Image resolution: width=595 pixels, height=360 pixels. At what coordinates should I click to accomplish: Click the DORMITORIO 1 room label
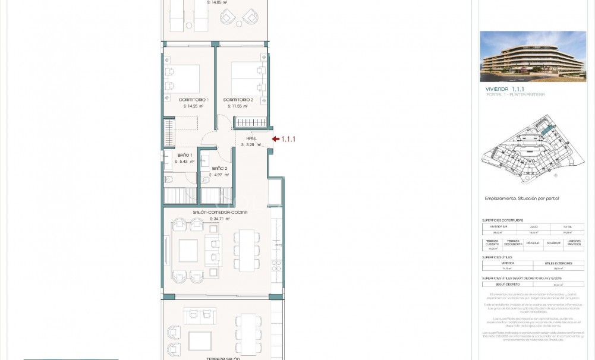pos(193,100)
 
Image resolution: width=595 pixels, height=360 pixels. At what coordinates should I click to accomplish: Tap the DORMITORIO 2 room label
pos(238,100)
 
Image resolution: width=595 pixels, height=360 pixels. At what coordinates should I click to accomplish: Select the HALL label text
pos(251,138)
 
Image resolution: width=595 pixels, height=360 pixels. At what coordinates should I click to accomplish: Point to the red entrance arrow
pos(275,139)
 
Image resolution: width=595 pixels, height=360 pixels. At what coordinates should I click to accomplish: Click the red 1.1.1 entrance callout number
pos(288,139)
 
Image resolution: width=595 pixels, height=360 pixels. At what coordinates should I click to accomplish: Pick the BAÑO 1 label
pos(185,155)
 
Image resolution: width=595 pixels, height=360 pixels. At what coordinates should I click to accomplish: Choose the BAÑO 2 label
pos(220,169)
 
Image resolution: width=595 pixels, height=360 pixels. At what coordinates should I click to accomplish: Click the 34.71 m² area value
pos(220,219)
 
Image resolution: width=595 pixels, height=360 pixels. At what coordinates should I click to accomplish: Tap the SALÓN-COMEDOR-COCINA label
pos(220,212)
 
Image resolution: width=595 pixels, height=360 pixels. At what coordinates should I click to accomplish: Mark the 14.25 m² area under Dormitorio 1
pos(193,106)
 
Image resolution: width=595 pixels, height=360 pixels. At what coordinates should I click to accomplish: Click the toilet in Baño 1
pos(168,179)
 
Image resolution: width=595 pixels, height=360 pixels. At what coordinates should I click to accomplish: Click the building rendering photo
pos(533,56)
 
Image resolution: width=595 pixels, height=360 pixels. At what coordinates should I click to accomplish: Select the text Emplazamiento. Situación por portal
pos(522,198)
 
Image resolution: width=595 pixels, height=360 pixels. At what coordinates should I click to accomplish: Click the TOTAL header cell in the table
pos(566,226)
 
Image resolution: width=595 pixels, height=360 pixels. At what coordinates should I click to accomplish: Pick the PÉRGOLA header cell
pos(533,242)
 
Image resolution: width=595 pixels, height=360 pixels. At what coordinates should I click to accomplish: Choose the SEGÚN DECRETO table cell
pos(507,285)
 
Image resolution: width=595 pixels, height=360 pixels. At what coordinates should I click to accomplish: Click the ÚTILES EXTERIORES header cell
pos(558,263)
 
